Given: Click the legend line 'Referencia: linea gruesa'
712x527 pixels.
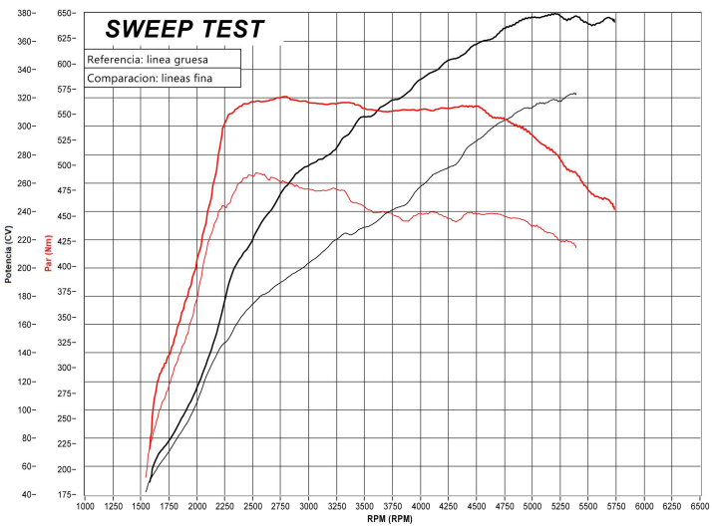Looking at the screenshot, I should point(147,60).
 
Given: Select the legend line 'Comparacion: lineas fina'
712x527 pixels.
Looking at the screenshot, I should point(150,78).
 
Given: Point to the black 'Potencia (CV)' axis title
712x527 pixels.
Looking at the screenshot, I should point(9,254).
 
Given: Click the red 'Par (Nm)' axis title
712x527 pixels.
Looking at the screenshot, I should point(47,253).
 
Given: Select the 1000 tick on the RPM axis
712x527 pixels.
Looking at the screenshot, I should point(86,505).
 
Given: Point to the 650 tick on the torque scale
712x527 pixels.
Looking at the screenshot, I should point(65,13).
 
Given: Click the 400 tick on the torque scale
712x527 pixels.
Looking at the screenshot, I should point(65,266).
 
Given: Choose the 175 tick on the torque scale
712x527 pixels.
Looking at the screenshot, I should point(65,494).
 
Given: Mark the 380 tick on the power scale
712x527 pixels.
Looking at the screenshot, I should point(27,13).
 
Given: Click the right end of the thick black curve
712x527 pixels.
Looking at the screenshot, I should point(614,21).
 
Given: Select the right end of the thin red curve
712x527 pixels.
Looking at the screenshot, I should point(576,247).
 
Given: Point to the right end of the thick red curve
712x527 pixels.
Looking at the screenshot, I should point(615,209).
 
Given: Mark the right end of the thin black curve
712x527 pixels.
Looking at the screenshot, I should point(576,94).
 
